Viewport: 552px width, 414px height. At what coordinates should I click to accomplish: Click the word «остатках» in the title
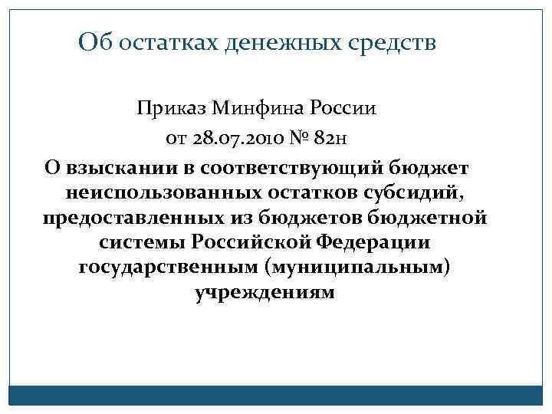(168, 42)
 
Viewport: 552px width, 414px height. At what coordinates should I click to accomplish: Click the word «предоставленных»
(126, 218)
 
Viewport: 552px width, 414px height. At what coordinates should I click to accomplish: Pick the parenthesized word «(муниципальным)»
(356, 268)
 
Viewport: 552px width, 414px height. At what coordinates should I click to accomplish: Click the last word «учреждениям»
(265, 294)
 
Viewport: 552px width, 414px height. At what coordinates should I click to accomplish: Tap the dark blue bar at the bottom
(276, 395)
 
